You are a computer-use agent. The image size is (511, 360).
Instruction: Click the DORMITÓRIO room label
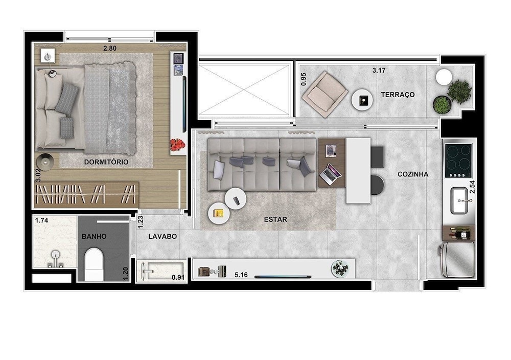(x=106, y=162)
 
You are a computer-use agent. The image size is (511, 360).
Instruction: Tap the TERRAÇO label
(x=398, y=95)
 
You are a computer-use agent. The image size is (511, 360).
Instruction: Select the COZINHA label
(x=413, y=174)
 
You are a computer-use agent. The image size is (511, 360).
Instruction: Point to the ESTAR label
(x=276, y=219)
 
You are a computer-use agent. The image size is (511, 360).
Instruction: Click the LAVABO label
(x=162, y=236)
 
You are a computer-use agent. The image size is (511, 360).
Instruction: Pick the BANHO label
(x=94, y=236)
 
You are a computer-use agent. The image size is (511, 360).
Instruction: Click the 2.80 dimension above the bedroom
(x=110, y=49)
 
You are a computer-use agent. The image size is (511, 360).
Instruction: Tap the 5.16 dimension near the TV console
(x=241, y=275)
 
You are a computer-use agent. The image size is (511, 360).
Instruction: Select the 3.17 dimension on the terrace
(x=379, y=70)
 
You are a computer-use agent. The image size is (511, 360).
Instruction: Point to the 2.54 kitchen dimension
(x=472, y=187)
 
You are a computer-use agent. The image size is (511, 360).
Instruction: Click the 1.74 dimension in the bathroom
(x=42, y=220)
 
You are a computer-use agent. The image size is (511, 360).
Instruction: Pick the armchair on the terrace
(x=325, y=95)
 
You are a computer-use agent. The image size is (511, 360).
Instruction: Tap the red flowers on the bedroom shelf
(x=177, y=144)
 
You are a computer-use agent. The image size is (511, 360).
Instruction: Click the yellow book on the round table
(x=218, y=213)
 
